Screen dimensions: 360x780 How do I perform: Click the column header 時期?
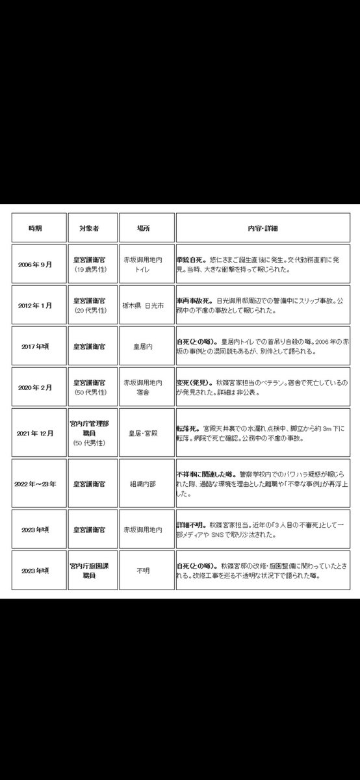click(34, 228)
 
